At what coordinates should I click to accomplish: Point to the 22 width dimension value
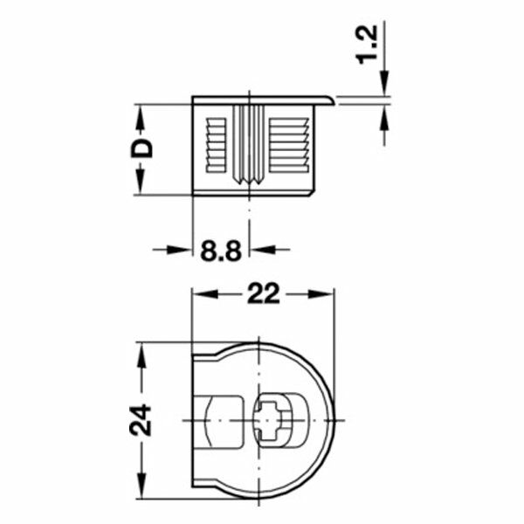(x=263, y=295)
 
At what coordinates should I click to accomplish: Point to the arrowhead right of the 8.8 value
(x=259, y=250)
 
